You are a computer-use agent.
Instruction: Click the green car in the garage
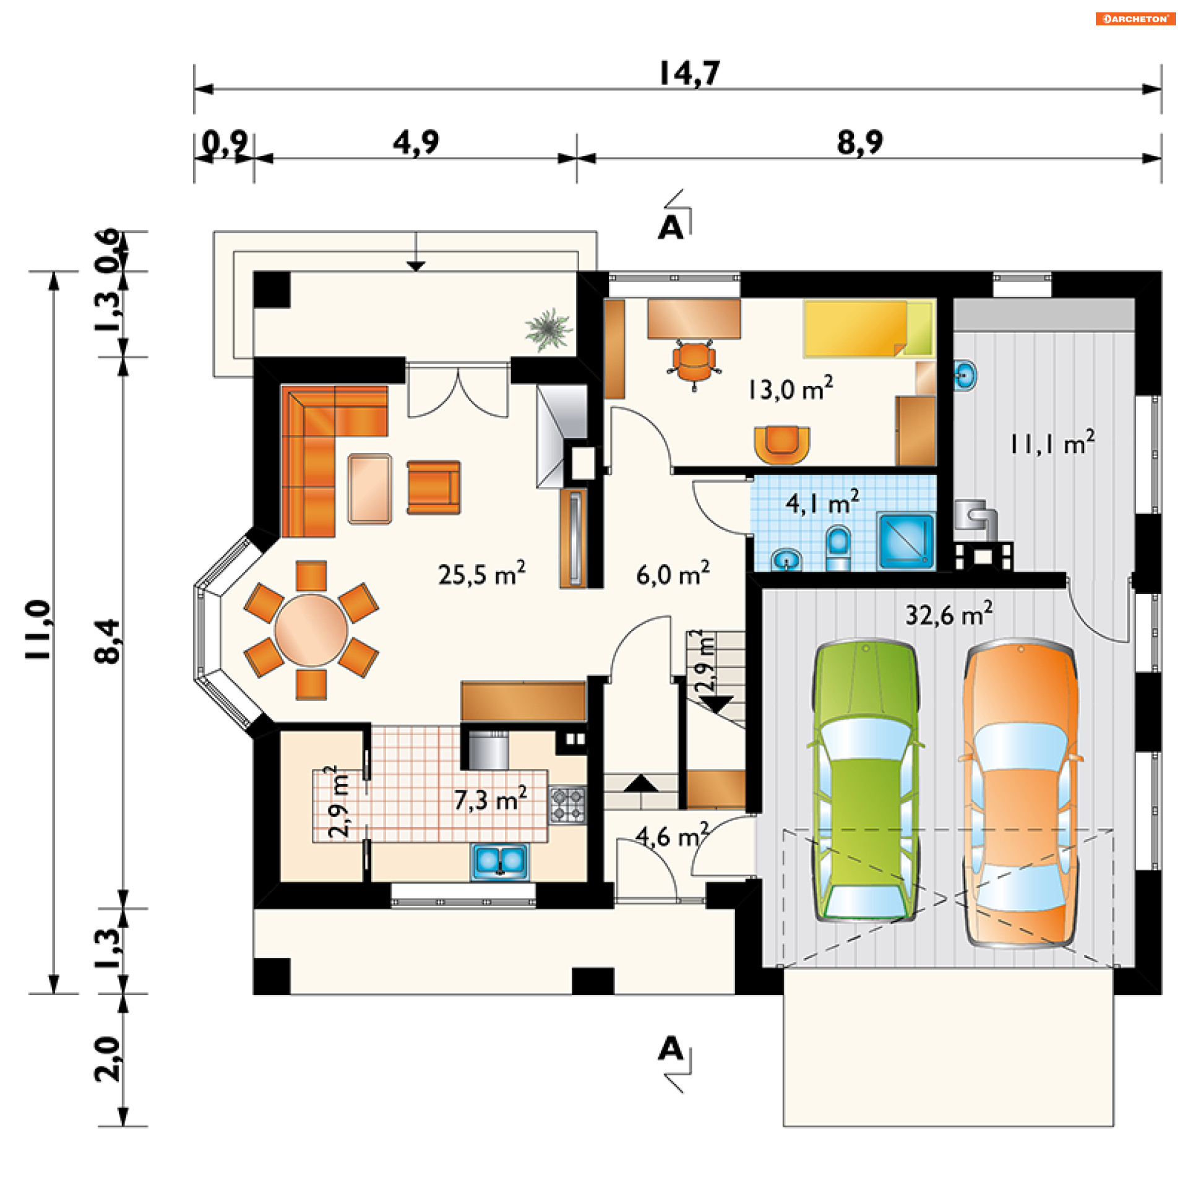point(865,781)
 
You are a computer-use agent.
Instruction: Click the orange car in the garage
point(1020,794)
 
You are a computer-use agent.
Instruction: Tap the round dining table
point(311,631)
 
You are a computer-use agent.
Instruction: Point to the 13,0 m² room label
point(791,389)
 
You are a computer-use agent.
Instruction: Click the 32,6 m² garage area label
point(949,613)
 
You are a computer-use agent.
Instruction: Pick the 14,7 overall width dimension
point(690,74)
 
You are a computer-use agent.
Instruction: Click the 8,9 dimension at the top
point(860,142)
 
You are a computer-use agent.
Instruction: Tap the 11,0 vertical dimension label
point(38,629)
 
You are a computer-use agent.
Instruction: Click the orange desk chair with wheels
point(694,363)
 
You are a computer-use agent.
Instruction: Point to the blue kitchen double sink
point(501,861)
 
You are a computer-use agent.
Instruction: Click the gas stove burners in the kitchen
point(567,804)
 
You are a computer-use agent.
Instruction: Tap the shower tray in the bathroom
point(906,540)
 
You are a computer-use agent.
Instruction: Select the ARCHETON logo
point(1135,19)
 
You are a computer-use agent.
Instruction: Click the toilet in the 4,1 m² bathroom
point(838,548)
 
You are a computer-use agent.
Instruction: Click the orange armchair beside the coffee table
point(433,487)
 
